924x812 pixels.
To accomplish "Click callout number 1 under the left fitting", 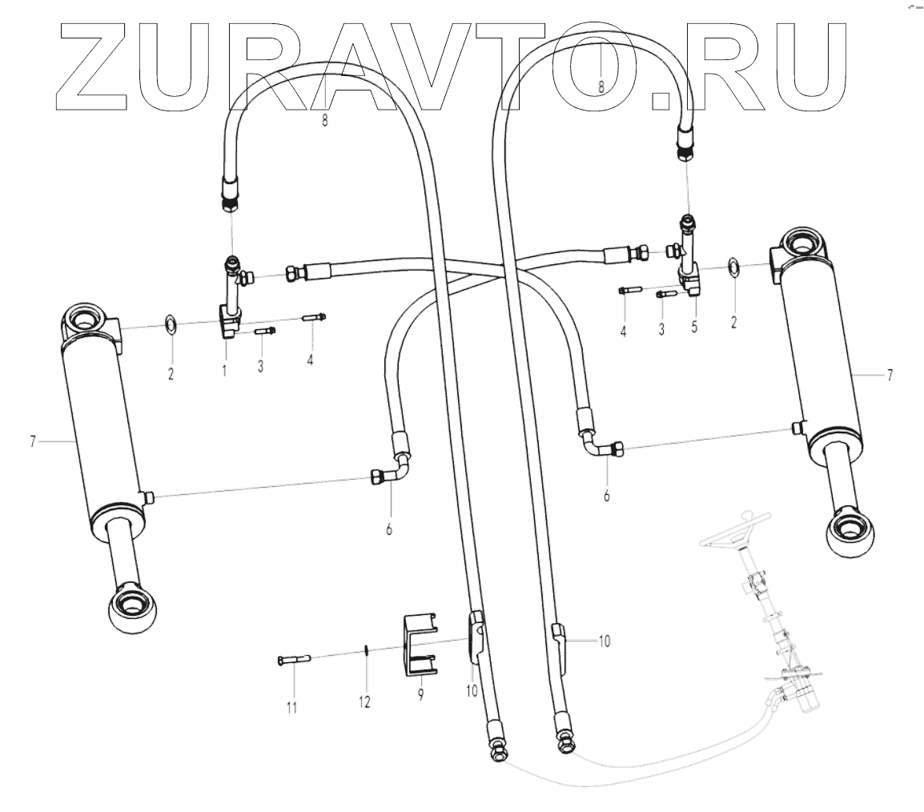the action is tap(225, 370).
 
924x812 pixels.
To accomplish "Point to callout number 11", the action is tap(291, 707).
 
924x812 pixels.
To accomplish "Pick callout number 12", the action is tap(365, 702).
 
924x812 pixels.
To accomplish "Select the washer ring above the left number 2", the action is tap(171, 325).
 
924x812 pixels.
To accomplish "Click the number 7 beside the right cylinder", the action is tap(889, 375).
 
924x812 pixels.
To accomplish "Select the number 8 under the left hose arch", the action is tap(325, 120).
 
